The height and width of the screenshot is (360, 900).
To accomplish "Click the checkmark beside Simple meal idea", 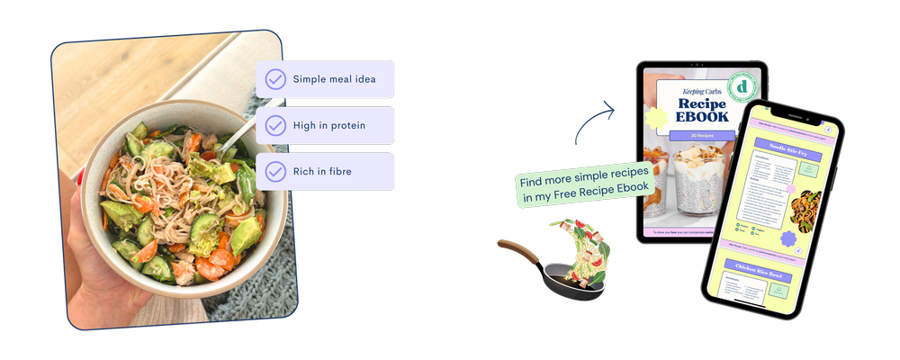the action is click(274, 79).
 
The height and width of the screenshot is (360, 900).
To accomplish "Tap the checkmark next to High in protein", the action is click(274, 125).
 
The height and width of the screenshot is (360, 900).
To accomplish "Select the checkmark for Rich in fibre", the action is click(274, 171).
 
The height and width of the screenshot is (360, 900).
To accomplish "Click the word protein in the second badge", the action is click(346, 126).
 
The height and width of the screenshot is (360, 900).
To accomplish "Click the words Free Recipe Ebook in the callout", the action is click(602, 187).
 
